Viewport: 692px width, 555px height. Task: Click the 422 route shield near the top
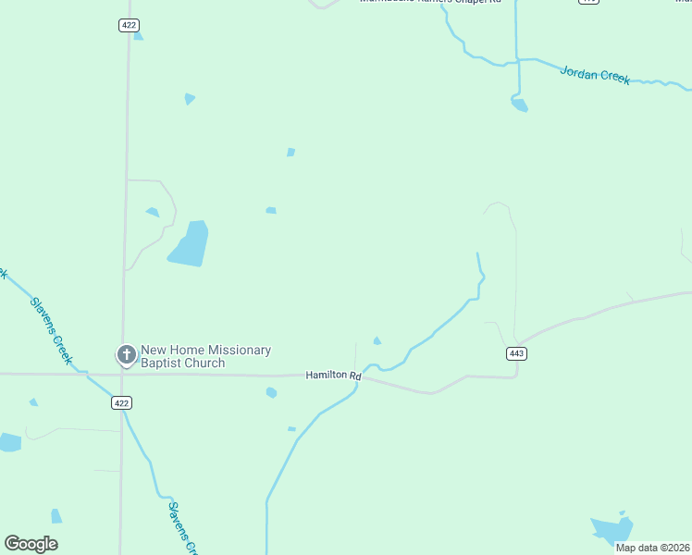coord(129,25)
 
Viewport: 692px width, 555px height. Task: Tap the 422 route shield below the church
coord(122,402)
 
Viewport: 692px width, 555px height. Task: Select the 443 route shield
coord(516,353)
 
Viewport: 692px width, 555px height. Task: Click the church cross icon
coord(126,354)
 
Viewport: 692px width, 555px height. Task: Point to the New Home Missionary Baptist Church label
coord(205,356)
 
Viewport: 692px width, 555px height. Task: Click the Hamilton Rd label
coord(333,376)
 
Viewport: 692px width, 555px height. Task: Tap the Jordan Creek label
coord(595,74)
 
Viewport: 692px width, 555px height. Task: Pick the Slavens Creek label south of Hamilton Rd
coord(182,526)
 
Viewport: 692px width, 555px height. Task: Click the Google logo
coord(31,544)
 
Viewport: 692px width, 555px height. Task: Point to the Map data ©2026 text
coord(652,548)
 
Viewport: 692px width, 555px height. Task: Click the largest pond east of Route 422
coord(189,244)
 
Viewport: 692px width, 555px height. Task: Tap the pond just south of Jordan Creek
coord(519,105)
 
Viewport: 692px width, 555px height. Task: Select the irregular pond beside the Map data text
coord(612,529)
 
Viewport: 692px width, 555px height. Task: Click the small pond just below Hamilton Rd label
coord(271,393)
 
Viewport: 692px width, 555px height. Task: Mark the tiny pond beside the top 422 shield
coord(138,37)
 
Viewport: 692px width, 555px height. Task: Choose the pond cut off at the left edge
coord(8,442)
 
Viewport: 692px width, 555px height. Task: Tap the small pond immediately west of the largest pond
coord(153,212)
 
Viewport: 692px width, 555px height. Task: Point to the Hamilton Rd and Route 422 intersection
coord(123,375)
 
